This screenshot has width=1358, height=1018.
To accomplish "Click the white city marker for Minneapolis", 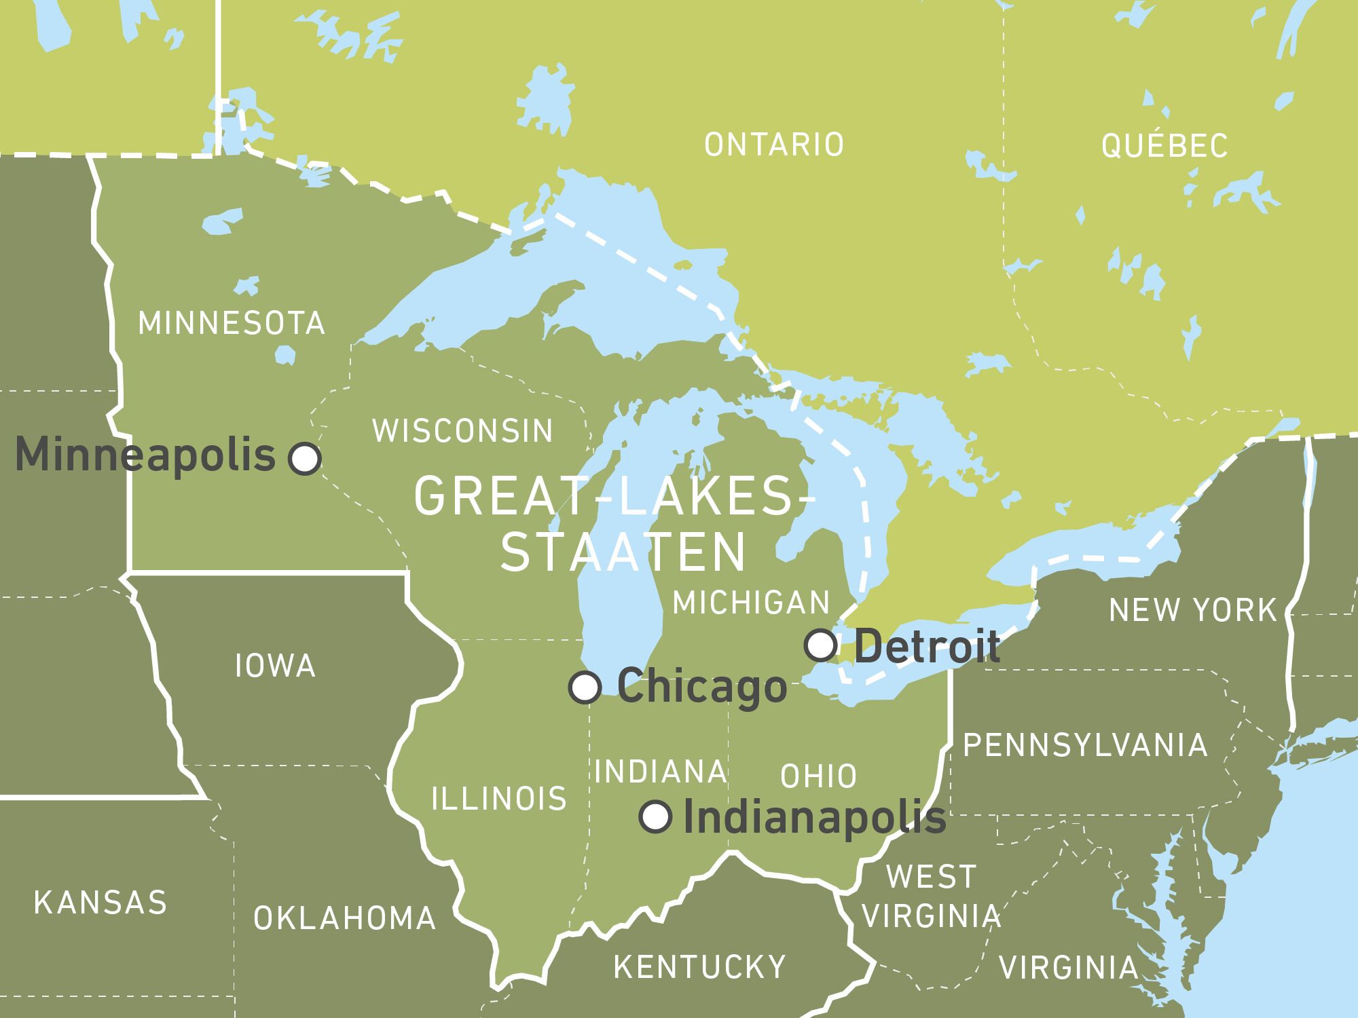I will click(305, 458).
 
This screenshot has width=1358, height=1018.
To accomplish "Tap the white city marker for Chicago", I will click(585, 687).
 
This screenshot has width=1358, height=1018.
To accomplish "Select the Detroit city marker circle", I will click(820, 645).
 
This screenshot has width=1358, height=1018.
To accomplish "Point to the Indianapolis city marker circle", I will click(656, 816).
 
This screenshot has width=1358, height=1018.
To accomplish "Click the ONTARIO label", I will click(774, 145).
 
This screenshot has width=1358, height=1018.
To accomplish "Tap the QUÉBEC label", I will click(1164, 145).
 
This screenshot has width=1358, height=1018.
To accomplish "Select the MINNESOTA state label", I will click(232, 323).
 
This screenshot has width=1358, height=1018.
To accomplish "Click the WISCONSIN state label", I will click(463, 431).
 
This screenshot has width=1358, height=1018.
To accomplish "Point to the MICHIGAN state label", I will click(751, 603).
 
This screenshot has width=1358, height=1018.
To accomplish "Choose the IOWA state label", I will click(275, 666).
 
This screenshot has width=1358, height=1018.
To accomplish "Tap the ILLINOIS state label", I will click(499, 799).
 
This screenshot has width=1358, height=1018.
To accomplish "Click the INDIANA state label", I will click(661, 772).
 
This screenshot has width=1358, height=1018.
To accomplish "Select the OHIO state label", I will click(818, 776).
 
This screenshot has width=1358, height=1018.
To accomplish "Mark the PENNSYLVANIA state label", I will click(1085, 745).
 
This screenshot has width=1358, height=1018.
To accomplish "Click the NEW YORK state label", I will click(1193, 610).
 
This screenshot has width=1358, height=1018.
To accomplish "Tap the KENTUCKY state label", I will click(699, 966).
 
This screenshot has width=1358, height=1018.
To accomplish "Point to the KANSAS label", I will click(100, 903).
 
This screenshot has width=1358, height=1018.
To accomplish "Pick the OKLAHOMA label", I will click(345, 918).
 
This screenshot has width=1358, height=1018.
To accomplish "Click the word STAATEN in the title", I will click(623, 552).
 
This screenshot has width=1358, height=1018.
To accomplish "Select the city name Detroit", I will click(927, 646).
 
